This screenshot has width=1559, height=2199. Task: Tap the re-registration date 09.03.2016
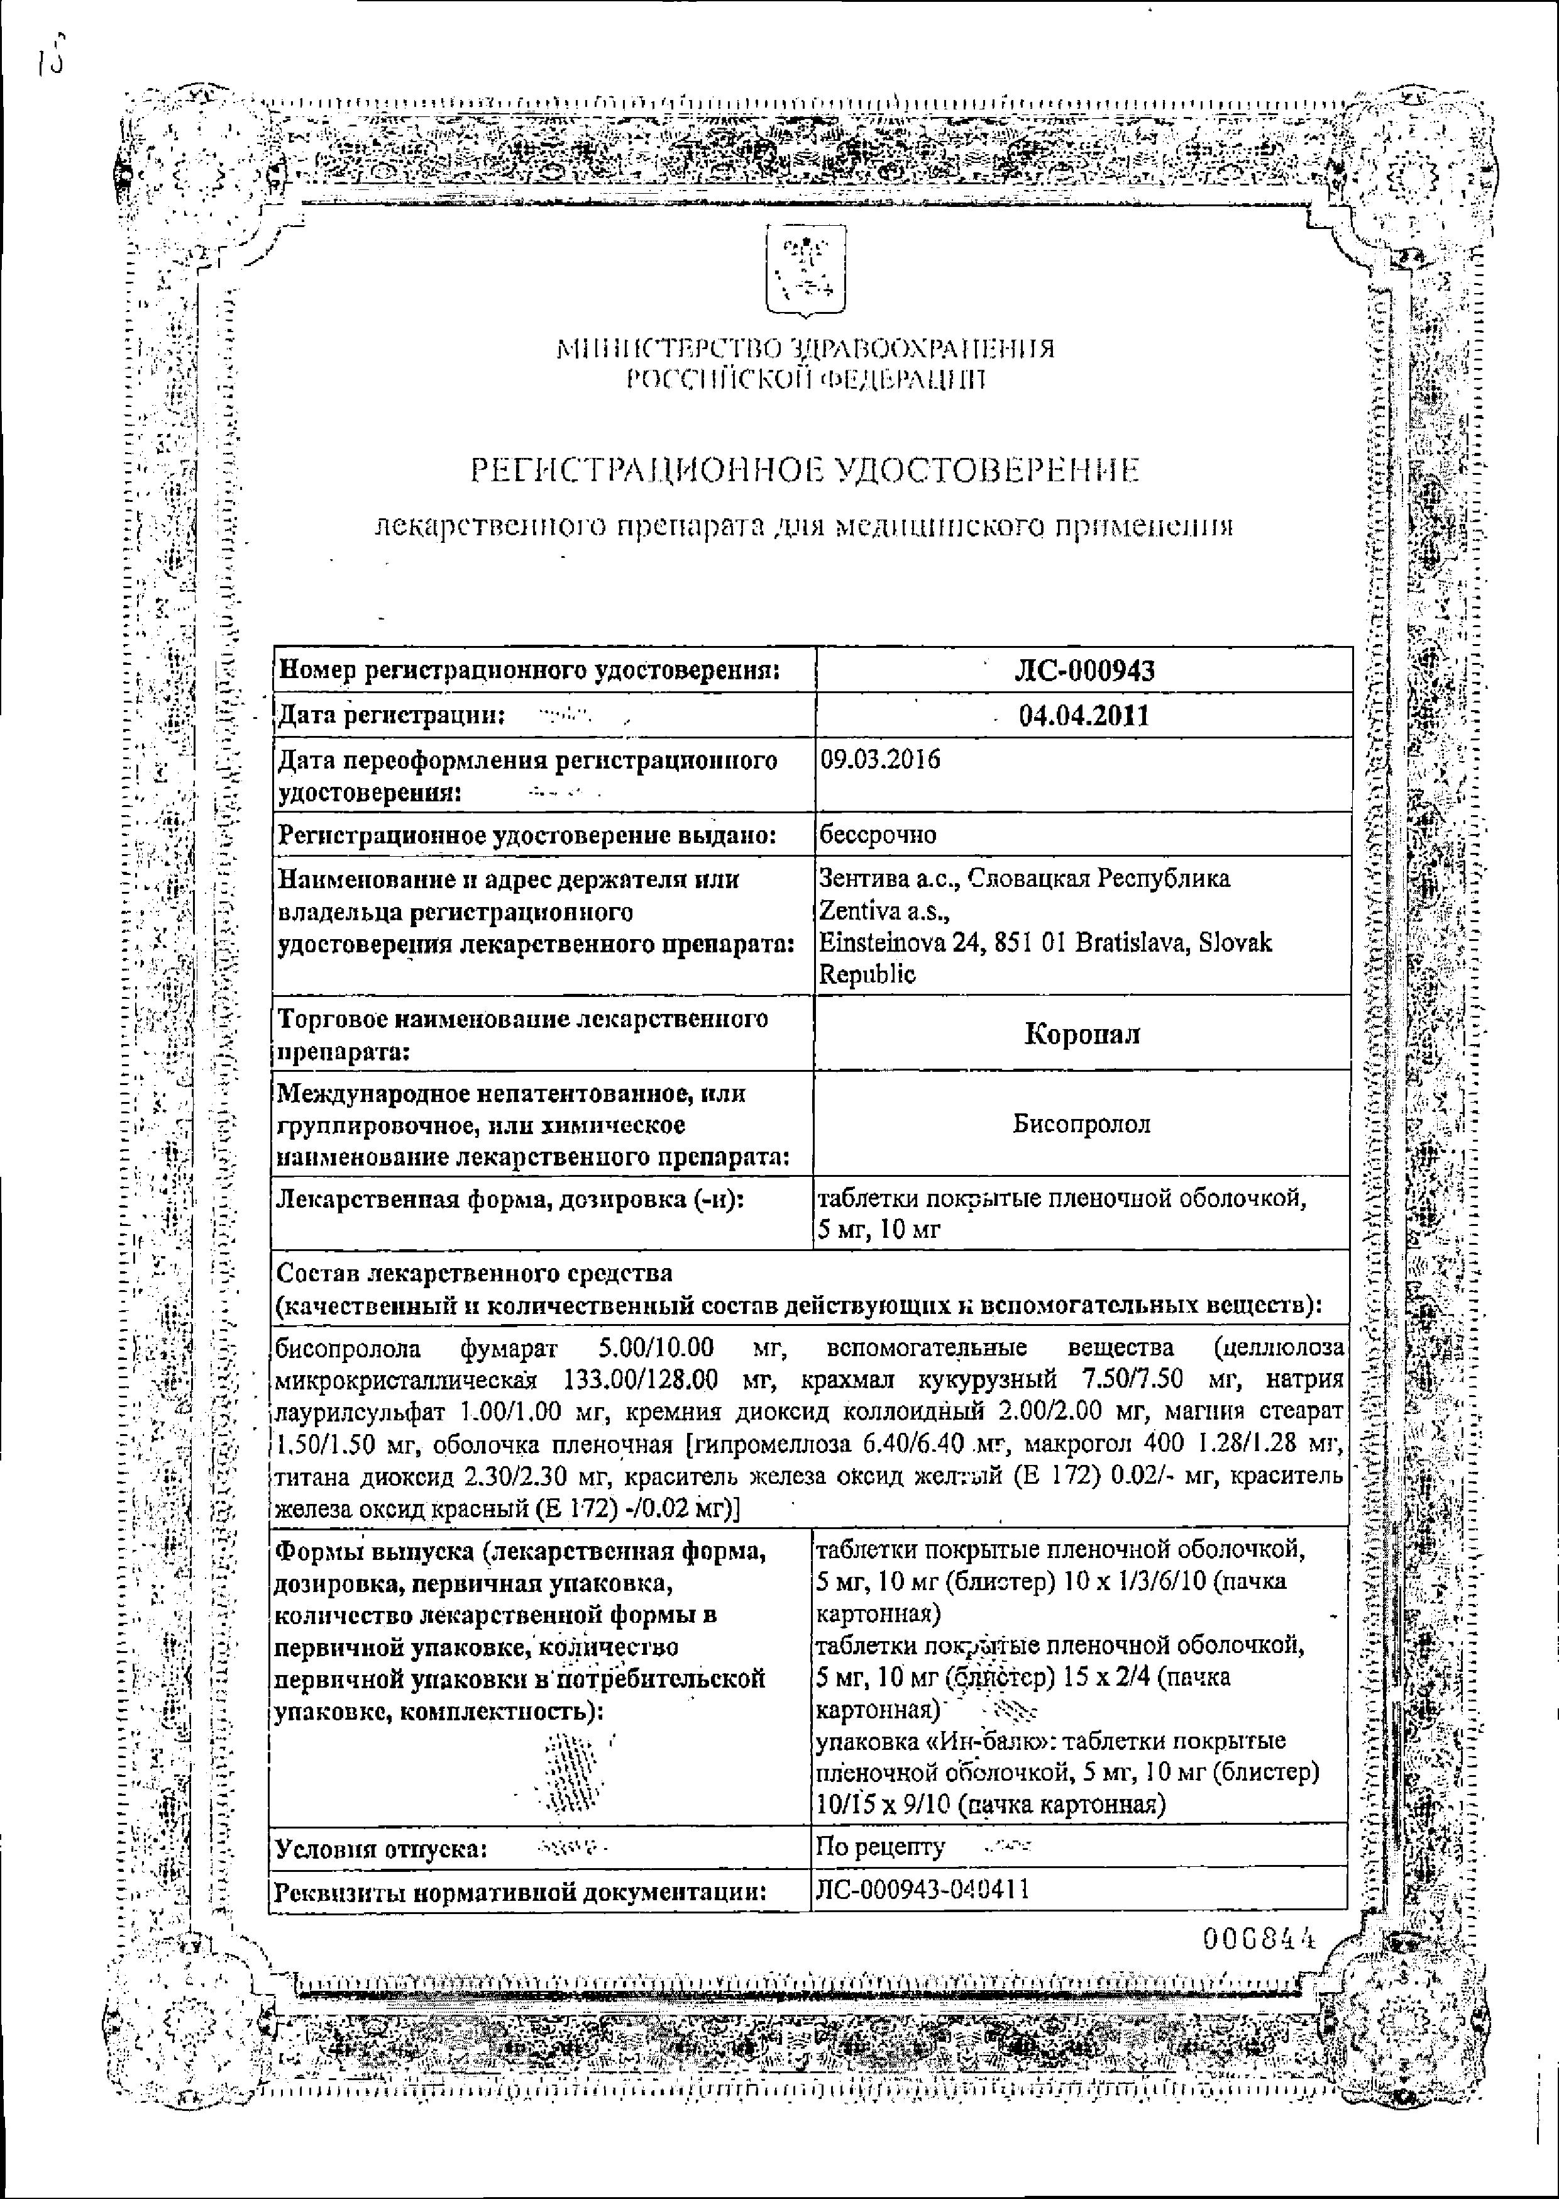click(x=880, y=760)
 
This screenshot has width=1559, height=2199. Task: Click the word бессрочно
click(x=876, y=835)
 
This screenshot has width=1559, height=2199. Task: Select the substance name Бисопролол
click(x=1082, y=1123)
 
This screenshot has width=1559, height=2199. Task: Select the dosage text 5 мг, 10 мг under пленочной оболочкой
click(x=878, y=1230)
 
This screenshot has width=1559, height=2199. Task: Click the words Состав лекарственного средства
click(x=474, y=1274)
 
